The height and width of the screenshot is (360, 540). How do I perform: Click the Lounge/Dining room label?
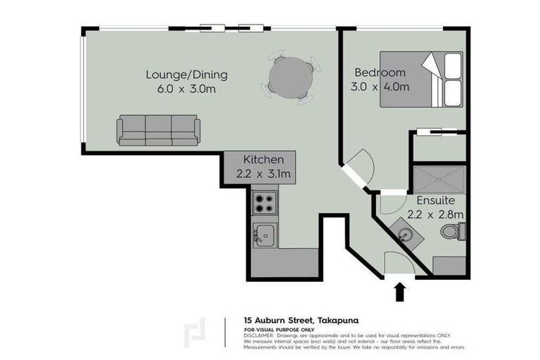pyautogui.click(x=186, y=74)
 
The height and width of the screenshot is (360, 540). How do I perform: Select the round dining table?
pyautogui.click(x=291, y=77)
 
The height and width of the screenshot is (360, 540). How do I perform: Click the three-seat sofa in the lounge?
pyautogui.click(x=158, y=130)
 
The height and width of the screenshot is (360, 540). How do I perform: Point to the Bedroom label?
pyautogui.click(x=380, y=72)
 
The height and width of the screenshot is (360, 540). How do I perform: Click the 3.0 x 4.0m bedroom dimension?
pyautogui.click(x=380, y=87)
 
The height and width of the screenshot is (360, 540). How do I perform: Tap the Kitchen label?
pyautogui.click(x=264, y=159)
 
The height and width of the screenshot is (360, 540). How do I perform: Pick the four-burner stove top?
pyautogui.click(x=264, y=203)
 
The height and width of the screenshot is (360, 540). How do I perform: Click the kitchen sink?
pyautogui.click(x=264, y=234)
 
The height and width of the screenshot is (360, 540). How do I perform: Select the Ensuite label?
pyautogui.click(x=436, y=200)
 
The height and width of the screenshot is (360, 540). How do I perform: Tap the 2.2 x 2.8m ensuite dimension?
pyautogui.click(x=436, y=214)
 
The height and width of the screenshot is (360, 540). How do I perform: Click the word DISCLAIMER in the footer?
pyautogui.click(x=259, y=335)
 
